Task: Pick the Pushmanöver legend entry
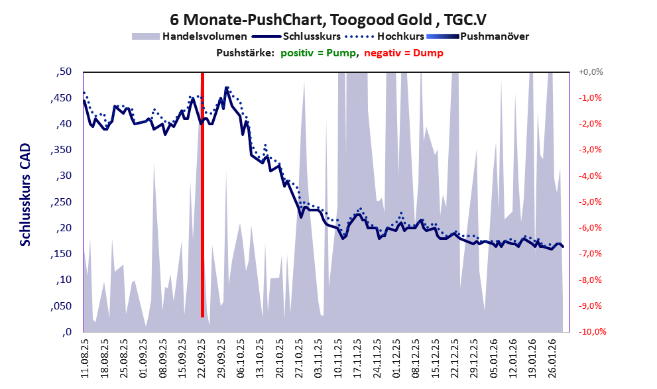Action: (x=494, y=36)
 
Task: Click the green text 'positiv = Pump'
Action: (x=318, y=53)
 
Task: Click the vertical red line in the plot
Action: (x=202, y=199)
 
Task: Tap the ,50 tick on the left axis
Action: (x=64, y=72)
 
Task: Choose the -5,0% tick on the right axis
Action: (x=590, y=202)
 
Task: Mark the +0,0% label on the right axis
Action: (x=589, y=72)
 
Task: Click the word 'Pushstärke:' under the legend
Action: (x=245, y=53)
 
